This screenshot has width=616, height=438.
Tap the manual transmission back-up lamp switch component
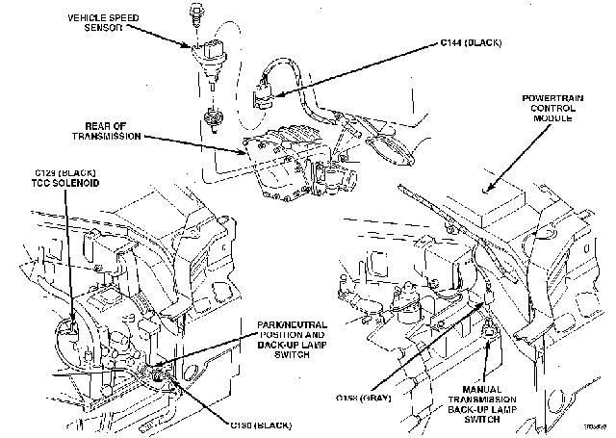(x=489, y=333)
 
